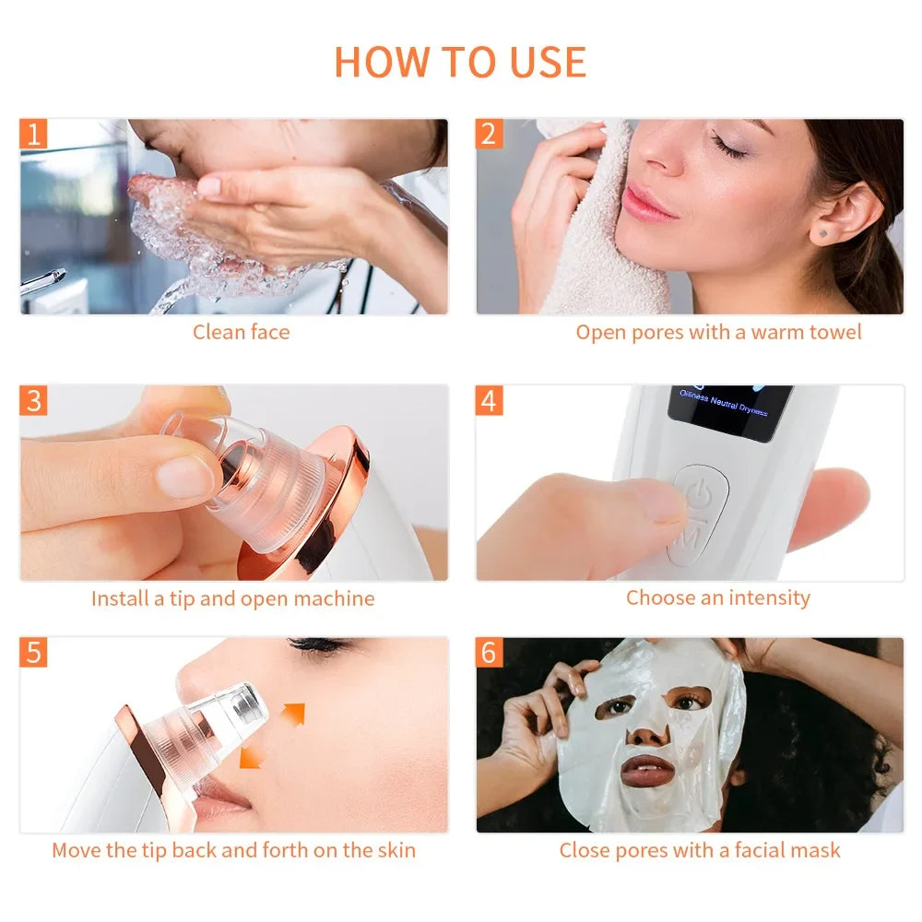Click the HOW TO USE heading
click(460, 62)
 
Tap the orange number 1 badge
click(34, 134)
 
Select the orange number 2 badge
click(489, 134)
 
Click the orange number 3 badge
click(34, 401)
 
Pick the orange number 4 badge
click(489, 401)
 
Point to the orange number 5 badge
click(34, 652)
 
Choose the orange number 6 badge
click(489, 652)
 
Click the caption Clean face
click(241, 332)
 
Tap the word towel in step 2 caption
click(834, 332)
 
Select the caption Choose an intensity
click(717, 597)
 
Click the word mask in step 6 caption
click(816, 850)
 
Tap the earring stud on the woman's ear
click(823, 235)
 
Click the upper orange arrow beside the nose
click(293, 713)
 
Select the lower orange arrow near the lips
click(252, 756)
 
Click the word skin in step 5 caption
click(395, 850)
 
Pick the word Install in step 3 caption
click(120, 598)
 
